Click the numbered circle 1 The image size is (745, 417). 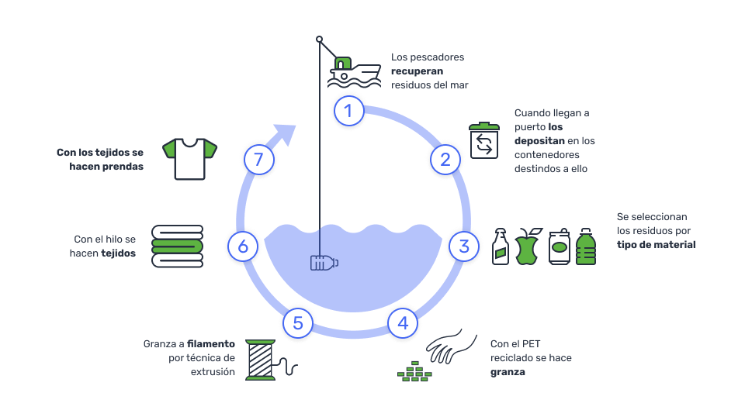(x=348, y=111)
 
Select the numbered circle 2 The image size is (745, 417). (x=445, y=160)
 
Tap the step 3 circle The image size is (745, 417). (x=464, y=246)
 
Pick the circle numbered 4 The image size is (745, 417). (x=403, y=323)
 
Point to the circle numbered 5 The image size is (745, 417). (x=298, y=323)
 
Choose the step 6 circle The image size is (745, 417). (x=243, y=246)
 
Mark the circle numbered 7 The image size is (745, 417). (x=259, y=160)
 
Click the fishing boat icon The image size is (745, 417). (x=355, y=72)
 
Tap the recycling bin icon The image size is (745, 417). (x=484, y=140)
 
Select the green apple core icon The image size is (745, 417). (x=528, y=246)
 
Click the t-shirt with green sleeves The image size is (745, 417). (x=189, y=159)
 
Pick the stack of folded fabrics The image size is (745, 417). (x=177, y=246)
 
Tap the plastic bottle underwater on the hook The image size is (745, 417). (x=324, y=263)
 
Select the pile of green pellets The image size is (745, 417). (x=414, y=371)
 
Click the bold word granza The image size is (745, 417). (x=508, y=372)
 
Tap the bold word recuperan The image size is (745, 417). (x=418, y=71)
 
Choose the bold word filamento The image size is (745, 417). (x=211, y=343)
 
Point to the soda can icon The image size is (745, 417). (x=560, y=246)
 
